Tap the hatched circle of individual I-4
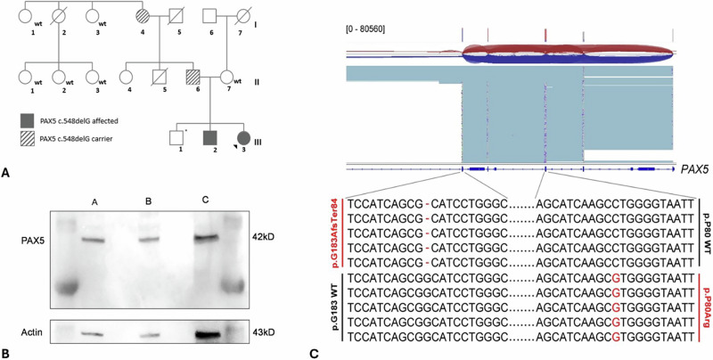pyautogui.click(x=143, y=15)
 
